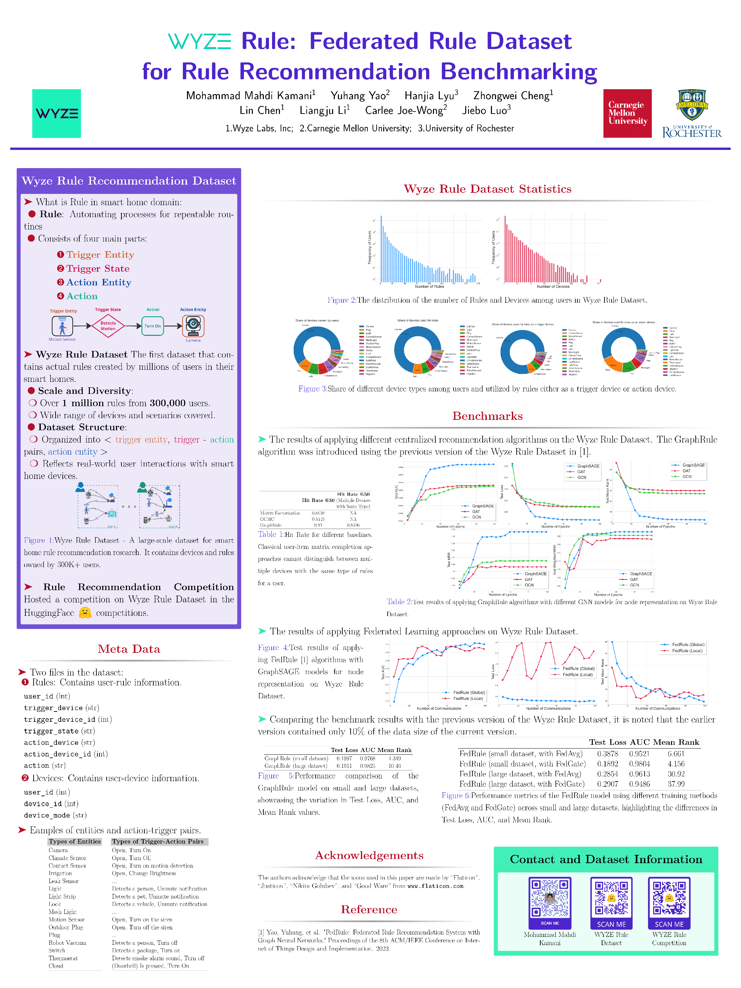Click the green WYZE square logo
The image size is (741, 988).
pos(56,114)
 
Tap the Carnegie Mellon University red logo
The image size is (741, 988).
pos(627,114)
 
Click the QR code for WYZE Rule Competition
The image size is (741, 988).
pos(669,898)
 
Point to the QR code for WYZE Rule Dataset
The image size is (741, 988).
pos(611,898)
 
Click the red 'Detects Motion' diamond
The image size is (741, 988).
pos(108,326)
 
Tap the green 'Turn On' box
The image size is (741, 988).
pos(152,326)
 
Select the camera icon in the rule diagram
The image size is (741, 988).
pos(193,326)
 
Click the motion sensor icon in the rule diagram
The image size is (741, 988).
pos(62,326)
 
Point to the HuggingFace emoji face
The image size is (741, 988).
pos(85,612)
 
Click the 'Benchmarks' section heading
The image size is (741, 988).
pos(487,416)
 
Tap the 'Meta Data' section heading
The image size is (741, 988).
pos(129,649)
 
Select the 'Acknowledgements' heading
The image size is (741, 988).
pos(369,855)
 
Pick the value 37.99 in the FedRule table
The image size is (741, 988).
pos(676,784)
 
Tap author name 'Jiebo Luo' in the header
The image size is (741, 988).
pos(486,110)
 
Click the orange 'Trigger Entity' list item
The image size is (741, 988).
pos(100,255)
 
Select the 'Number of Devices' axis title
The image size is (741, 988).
pos(553,286)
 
